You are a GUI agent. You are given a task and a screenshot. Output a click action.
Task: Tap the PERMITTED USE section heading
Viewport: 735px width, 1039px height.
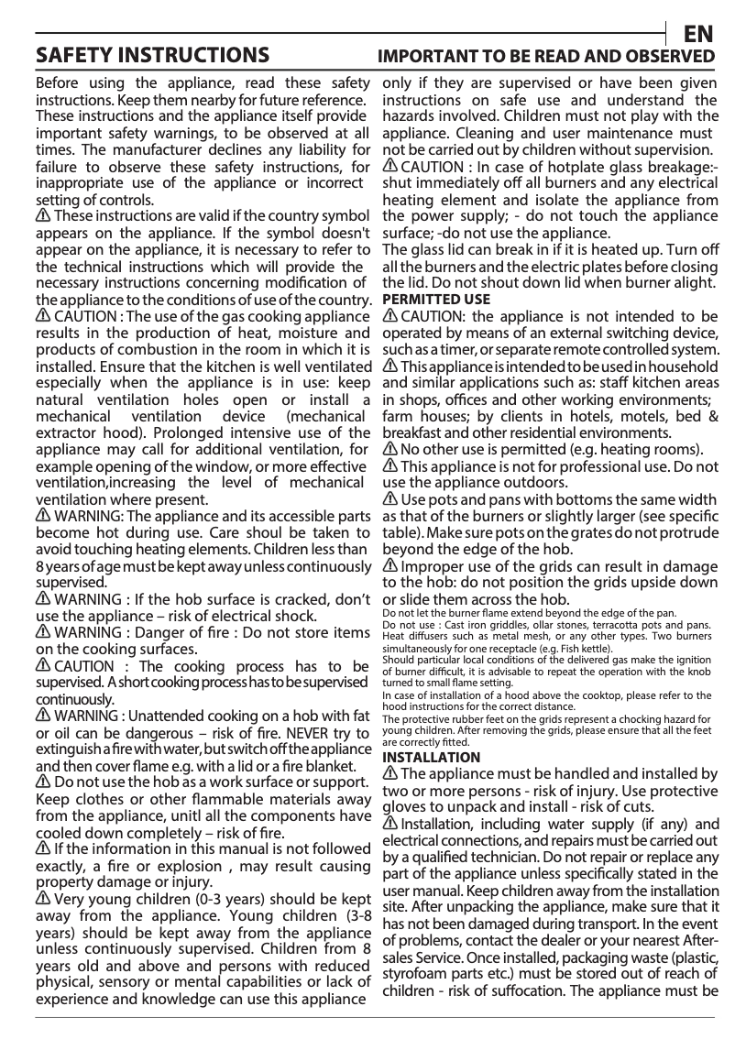pyautogui.click(x=435, y=300)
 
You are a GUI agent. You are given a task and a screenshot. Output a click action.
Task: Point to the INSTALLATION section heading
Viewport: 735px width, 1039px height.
pyautogui.click(x=431, y=758)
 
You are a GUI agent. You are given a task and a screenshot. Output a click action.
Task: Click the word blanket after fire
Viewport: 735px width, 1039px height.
pyautogui.click(x=329, y=766)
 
